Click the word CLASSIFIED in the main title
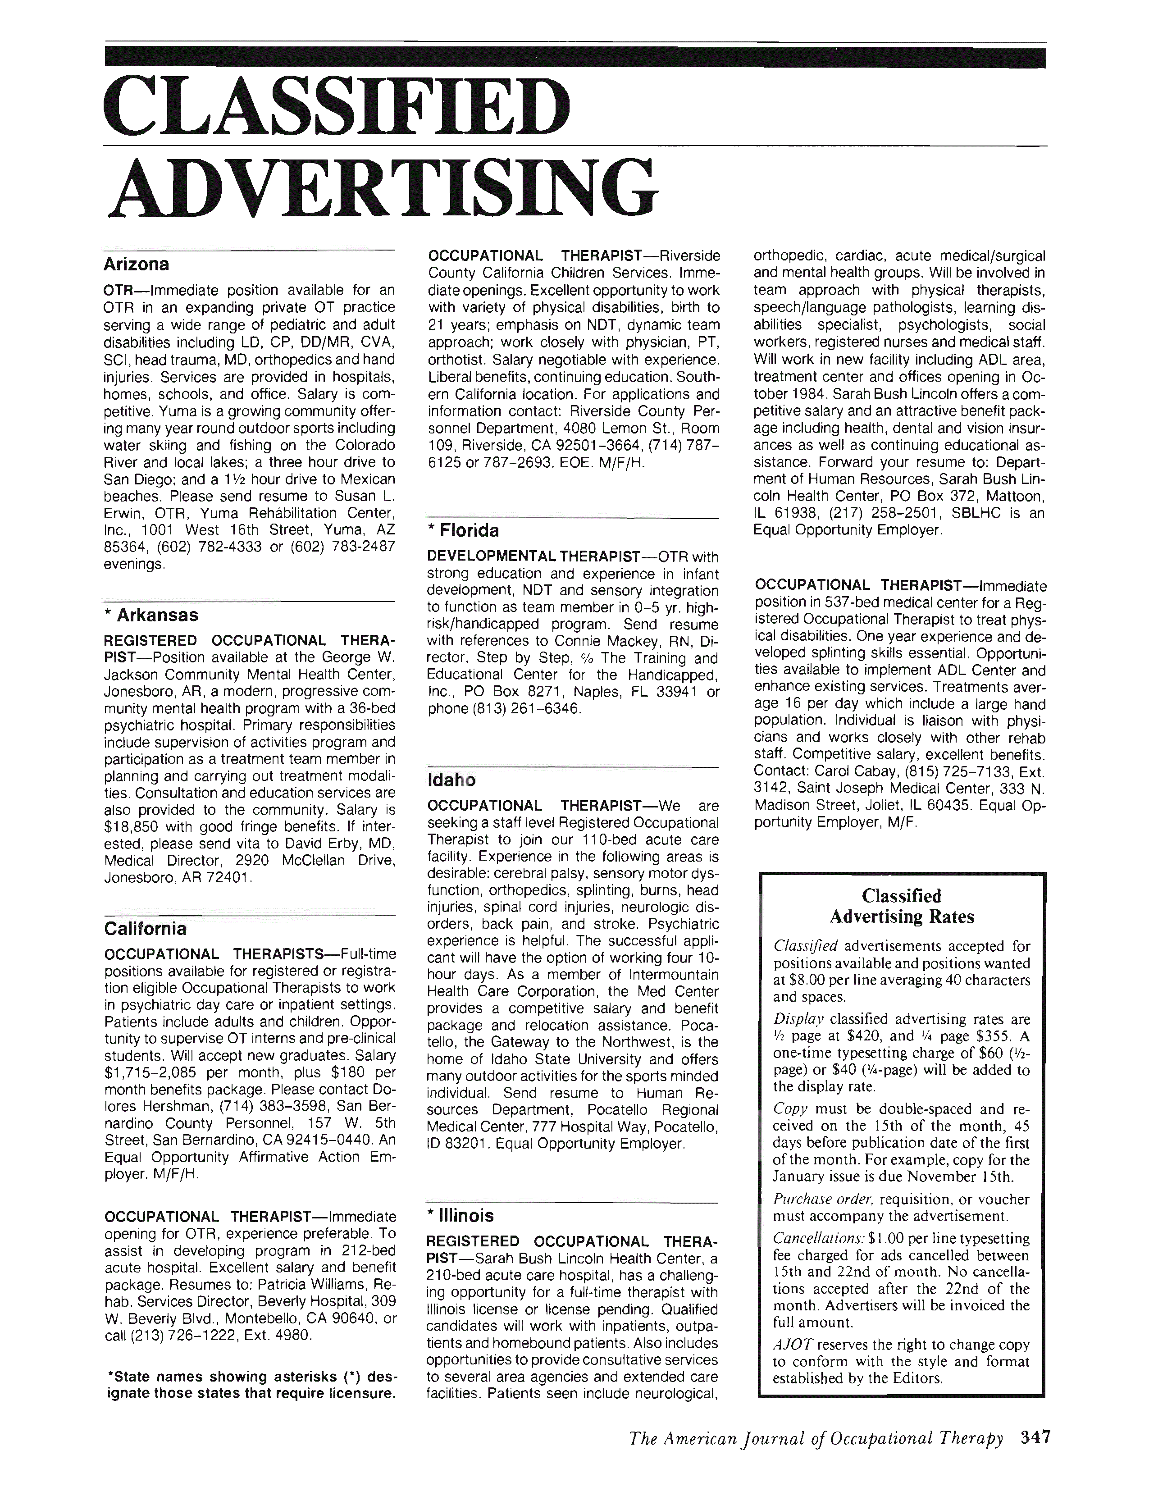pyautogui.click(x=337, y=108)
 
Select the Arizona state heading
pyautogui.click(x=136, y=264)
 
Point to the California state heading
pyautogui.click(x=145, y=929)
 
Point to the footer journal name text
pyautogui.click(x=816, y=1457)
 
